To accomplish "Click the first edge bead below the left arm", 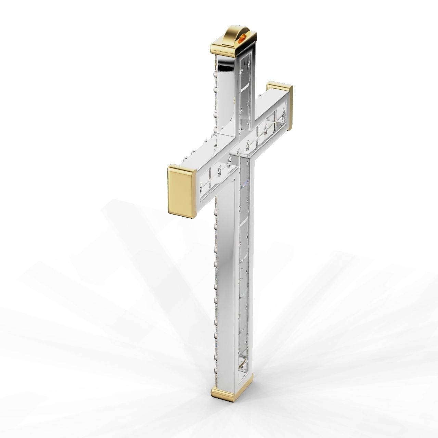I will coord(215,212).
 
